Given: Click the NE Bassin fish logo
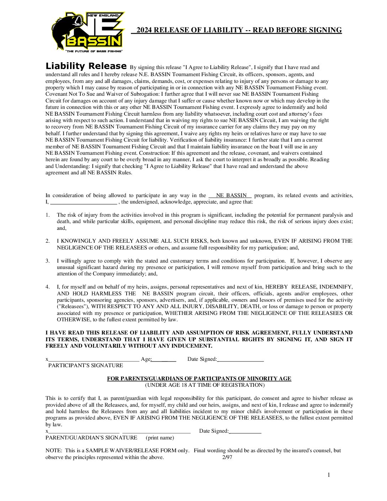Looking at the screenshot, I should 88,31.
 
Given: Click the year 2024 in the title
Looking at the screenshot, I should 144,30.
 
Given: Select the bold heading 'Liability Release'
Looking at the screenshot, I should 86,66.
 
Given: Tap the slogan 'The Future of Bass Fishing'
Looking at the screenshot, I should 94,52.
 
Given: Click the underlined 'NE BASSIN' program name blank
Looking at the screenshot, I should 230,195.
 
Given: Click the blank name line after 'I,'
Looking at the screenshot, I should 83,202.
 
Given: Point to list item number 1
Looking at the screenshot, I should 48,215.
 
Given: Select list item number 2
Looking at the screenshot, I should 48,241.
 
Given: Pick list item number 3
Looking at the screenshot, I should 48,261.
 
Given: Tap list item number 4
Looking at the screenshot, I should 48,287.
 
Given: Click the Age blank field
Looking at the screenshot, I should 164,359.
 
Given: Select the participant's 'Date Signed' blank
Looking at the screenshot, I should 240,359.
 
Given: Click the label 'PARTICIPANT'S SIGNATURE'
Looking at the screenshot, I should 86,365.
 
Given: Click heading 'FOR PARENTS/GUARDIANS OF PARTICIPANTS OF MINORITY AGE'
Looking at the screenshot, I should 199,379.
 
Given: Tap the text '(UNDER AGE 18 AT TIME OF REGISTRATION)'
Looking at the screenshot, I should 205,385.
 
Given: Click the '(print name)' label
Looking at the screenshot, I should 160,438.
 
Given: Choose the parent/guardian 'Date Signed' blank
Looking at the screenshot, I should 245,431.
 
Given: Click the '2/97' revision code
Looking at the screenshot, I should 227,457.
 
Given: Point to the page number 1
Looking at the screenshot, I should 329,475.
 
